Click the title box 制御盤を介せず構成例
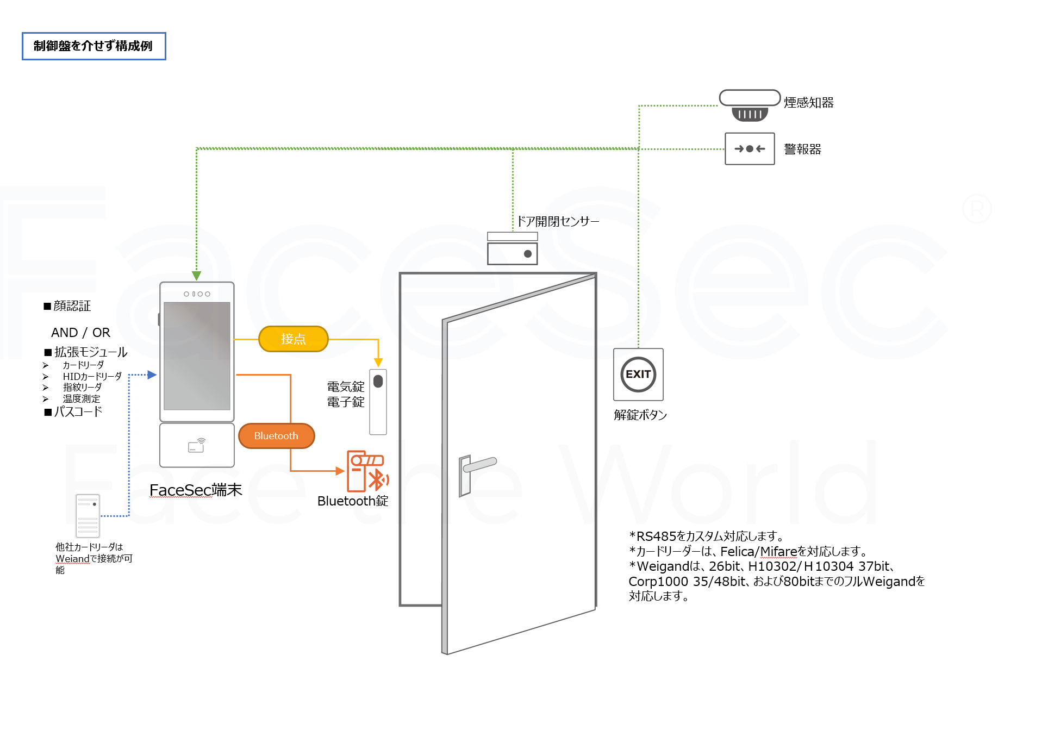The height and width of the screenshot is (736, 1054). pyautogui.click(x=93, y=46)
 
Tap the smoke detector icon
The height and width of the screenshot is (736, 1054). pyautogui.click(x=750, y=105)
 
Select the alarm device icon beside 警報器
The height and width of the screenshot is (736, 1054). pyautogui.click(x=750, y=148)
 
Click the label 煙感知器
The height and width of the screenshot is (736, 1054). pyautogui.click(x=808, y=103)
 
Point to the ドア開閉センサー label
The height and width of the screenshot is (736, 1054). pyautogui.click(x=558, y=221)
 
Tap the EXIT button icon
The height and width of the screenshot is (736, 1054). pyautogui.click(x=638, y=375)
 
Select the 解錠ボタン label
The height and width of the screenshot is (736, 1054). pyautogui.click(x=640, y=415)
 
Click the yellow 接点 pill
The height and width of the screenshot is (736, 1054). pyautogui.click(x=294, y=339)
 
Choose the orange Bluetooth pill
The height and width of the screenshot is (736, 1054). pyautogui.click(x=276, y=436)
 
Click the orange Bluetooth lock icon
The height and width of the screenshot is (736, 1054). pyautogui.click(x=367, y=471)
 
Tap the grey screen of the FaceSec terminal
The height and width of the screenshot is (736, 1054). pyautogui.click(x=197, y=356)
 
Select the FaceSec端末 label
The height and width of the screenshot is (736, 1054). pyautogui.click(x=196, y=490)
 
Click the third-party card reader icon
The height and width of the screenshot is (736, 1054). pyautogui.click(x=88, y=516)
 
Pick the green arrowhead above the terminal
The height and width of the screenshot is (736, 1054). pyautogui.click(x=197, y=276)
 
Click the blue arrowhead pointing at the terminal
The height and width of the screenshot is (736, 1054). pyautogui.click(x=152, y=375)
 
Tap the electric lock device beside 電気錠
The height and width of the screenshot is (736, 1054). pyautogui.click(x=378, y=402)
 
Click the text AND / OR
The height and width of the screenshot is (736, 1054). pyautogui.click(x=80, y=333)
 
